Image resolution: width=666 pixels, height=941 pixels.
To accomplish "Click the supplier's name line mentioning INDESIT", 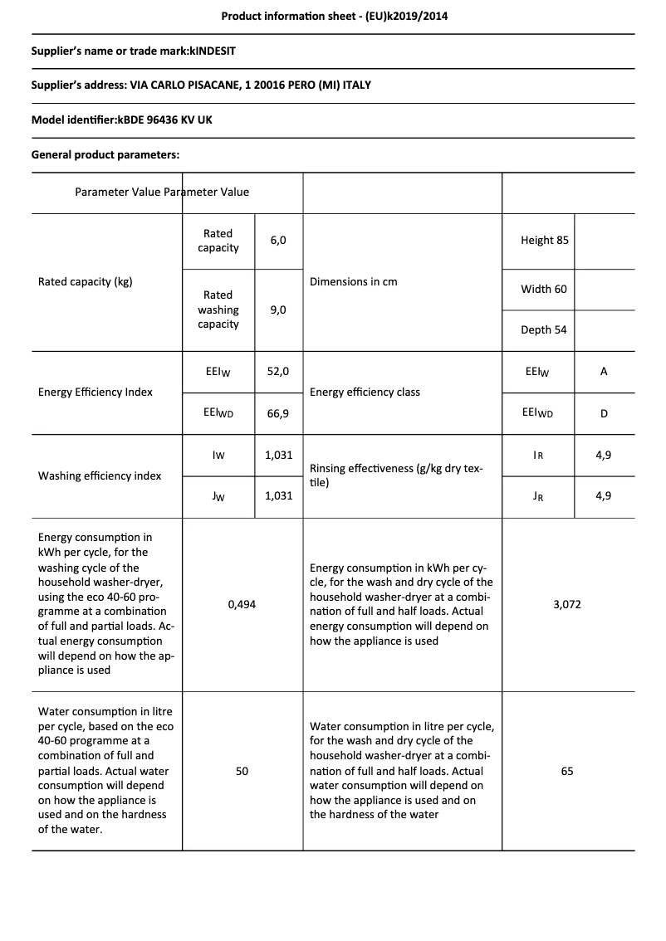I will pyautogui.click(x=134, y=51).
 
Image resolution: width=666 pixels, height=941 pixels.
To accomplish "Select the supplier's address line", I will pyautogui.click(x=201, y=85).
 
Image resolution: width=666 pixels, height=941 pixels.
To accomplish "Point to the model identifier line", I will pyautogui.click(x=122, y=120).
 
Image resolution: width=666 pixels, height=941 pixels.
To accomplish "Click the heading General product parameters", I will pyautogui.click(x=105, y=154).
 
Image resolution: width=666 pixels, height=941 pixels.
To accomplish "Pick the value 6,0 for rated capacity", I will pyautogui.click(x=278, y=240).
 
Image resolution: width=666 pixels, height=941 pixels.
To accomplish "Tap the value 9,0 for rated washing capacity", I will pyautogui.click(x=278, y=310).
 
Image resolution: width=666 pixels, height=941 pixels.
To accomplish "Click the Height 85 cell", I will pyautogui.click(x=545, y=240).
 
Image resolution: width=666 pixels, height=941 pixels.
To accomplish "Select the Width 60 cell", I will pyautogui.click(x=544, y=290).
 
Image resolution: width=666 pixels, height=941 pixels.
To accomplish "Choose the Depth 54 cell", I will pyautogui.click(x=544, y=330).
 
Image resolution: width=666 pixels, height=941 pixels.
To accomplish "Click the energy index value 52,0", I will pyautogui.click(x=278, y=372).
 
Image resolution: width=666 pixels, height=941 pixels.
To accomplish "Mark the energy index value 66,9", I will pyautogui.click(x=278, y=412).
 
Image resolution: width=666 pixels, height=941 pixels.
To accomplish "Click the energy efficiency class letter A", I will pyautogui.click(x=604, y=372).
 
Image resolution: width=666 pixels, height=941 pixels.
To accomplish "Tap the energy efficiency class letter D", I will pyautogui.click(x=604, y=412).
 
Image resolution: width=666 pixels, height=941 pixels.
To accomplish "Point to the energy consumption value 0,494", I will pyautogui.click(x=242, y=605).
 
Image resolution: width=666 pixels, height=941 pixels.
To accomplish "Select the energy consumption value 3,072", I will pyautogui.click(x=567, y=605).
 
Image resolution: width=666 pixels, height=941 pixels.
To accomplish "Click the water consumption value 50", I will pyautogui.click(x=242, y=771).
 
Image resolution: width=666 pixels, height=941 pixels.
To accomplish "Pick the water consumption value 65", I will pyautogui.click(x=567, y=771).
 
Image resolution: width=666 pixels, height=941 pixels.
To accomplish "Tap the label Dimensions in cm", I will pyautogui.click(x=354, y=282).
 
